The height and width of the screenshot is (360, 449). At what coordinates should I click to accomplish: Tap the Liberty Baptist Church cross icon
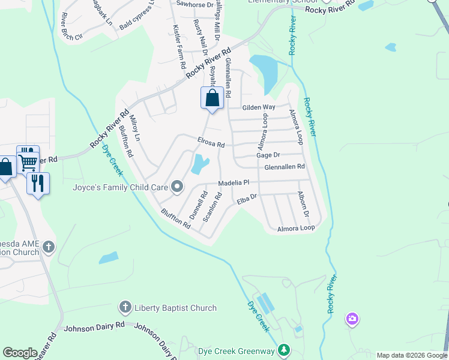tap(125, 308)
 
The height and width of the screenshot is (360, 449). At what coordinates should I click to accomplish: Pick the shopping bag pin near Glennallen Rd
tap(212, 98)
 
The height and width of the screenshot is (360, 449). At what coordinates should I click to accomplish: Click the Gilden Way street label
tap(258, 107)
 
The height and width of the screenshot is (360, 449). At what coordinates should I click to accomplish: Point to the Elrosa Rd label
tap(211, 143)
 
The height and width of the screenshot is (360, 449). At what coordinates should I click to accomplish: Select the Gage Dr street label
tap(268, 155)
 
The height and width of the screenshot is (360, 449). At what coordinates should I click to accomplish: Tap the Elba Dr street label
tap(247, 199)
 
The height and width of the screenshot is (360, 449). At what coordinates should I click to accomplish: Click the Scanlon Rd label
tap(212, 207)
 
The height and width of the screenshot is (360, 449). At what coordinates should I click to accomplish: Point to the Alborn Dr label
tap(303, 205)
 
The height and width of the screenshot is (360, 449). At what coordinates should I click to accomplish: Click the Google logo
tap(20, 353)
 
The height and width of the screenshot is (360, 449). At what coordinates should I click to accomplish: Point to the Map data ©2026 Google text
tap(411, 355)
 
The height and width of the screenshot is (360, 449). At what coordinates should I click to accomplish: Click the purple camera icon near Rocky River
tap(352, 319)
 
